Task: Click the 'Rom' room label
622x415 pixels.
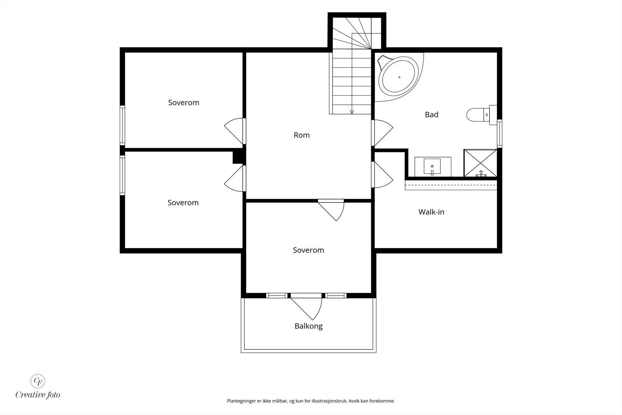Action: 302,135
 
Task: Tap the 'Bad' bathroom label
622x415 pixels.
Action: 432,114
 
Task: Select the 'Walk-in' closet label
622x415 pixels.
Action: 431,212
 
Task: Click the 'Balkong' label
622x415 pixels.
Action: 309,326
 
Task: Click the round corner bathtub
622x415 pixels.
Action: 398,77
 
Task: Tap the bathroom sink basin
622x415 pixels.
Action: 432,166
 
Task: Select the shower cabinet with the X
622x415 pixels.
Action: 480,163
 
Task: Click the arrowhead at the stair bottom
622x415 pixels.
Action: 352,112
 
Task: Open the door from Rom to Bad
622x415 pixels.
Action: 382,133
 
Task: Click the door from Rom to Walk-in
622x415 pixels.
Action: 382,175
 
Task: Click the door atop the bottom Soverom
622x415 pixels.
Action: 331,210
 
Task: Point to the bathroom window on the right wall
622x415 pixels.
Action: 500,133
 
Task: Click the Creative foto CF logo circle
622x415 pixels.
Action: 38,381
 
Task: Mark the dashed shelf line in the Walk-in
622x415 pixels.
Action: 451,184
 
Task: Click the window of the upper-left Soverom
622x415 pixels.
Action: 122,125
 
